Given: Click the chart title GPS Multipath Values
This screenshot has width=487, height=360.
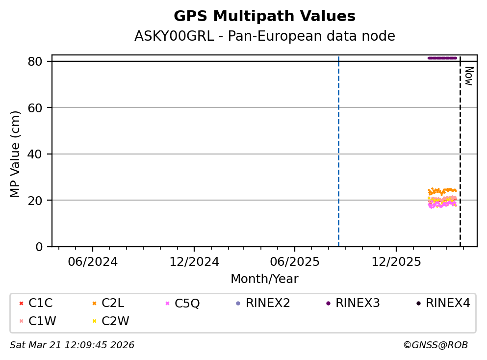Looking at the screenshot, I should (264, 16).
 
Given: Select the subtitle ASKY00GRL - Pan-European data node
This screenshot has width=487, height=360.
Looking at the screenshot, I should (264, 36).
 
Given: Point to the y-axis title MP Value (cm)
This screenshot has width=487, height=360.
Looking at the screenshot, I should (16, 154).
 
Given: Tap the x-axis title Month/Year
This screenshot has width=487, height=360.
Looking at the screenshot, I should (264, 279).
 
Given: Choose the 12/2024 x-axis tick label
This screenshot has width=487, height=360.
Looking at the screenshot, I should (194, 262).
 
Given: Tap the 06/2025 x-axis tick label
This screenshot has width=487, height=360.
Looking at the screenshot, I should (294, 262).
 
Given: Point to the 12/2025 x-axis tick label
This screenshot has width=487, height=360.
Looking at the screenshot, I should (396, 262).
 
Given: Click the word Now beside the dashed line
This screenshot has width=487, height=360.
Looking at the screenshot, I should (468, 76).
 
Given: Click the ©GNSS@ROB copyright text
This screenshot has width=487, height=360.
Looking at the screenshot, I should (435, 345).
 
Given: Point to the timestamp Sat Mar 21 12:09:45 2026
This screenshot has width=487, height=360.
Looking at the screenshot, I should (72, 345).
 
